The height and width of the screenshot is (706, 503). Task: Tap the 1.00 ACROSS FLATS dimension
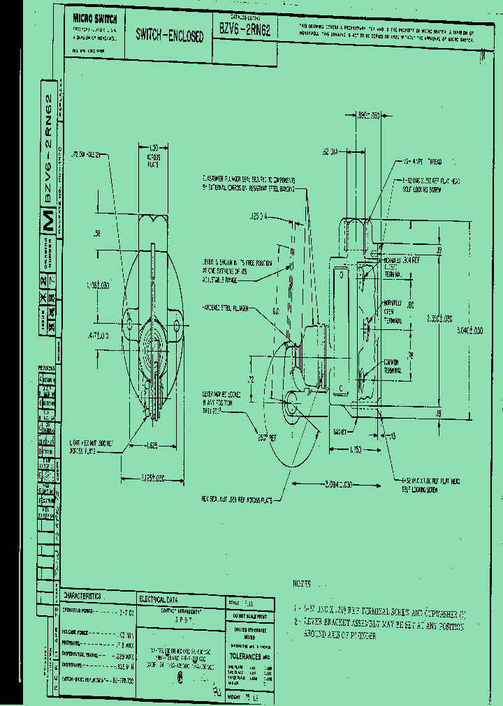click(x=155, y=153)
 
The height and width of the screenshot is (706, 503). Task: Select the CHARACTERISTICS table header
click(x=82, y=596)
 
